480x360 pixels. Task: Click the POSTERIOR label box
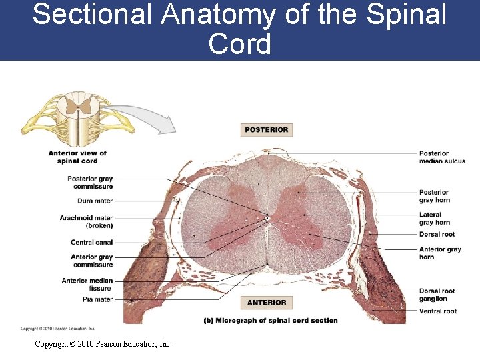click(267, 130)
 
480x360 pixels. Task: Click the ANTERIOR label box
click(267, 303)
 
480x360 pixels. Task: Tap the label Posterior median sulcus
click(442, 157)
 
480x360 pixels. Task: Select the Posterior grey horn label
click(435, 196)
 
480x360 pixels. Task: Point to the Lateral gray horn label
click(435, 219)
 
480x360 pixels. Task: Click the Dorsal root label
click(437, 234)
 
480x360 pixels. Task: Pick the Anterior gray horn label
click(440, 253)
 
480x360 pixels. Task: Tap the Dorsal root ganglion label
click(437, 295)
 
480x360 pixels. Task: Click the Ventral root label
click(438, 311)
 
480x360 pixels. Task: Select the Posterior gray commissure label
click(90, 182)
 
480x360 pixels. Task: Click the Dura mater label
click(95, 201)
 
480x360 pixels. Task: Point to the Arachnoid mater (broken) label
click(86, 221)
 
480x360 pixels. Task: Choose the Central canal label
click(92, 242)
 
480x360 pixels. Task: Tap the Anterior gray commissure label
click(92, 261)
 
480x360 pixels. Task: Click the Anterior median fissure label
click(87, 284)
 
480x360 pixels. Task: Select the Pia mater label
click(98, 299)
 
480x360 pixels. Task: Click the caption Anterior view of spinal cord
click(77, 157)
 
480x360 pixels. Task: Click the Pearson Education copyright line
click(103, 344)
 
